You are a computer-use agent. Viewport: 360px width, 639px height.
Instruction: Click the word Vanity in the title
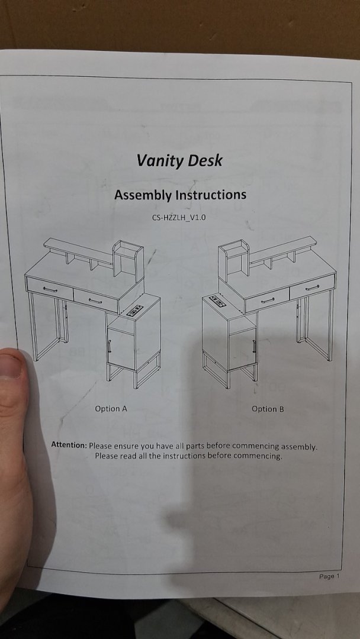pyautogui.click(x=155, y=161)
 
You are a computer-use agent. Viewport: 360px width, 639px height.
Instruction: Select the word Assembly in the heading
pyautogui.click(x=142, y=195)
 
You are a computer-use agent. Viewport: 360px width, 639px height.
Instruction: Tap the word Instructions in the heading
pyautogui.click(x=211, y=195)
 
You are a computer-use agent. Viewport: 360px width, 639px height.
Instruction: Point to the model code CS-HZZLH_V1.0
pyautogui.click(x=179, y=218)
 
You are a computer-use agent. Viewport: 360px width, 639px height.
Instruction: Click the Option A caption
pyautogui.click(x=111, y=408)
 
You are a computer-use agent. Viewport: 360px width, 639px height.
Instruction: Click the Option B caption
pyautogui.click(x=268, y=408)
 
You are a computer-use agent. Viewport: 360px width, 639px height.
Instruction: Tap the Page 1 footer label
pyautogui.click(x=329, y=576)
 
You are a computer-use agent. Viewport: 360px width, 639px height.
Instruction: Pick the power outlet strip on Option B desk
pyautogui.click(x=218, y=301)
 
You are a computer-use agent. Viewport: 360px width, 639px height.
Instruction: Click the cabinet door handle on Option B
pyautogui.click(x=254, y=346)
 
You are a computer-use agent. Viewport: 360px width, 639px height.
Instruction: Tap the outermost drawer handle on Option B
pyautogui.click(x=312, y=288)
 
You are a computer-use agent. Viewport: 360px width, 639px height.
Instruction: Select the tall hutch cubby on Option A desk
pyautogui.click(x=128, y=262)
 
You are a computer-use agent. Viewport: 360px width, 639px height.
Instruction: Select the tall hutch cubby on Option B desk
pyautogui.click(x=234, y=260)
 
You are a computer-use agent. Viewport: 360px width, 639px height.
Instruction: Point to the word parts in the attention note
pyautogui.click(x=197, y=446)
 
